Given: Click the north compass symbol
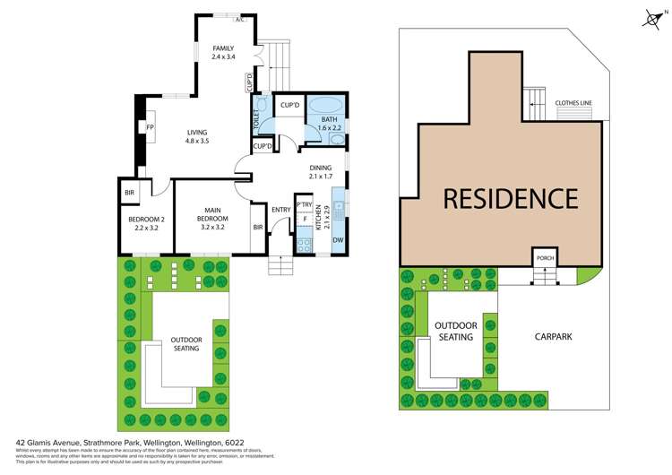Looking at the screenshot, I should tap(651, 16).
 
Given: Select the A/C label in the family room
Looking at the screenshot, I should tap(239, 19).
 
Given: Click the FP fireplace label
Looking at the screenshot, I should tap(150, 127).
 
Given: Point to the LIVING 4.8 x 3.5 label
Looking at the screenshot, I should tap(196, 135).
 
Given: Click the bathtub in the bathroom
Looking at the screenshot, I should tap(323, 106).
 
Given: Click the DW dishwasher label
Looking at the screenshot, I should tap(338, 240).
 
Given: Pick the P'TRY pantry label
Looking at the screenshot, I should tap(304, 205).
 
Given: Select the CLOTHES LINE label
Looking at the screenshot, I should tap(573, 103).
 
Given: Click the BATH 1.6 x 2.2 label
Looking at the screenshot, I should tap(330, 124).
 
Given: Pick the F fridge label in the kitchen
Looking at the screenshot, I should tap(306, 219).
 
